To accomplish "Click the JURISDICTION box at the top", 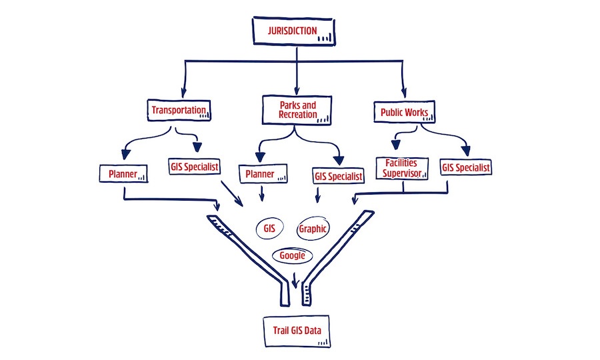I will coord(293,31).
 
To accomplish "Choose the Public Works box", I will coord(404,111).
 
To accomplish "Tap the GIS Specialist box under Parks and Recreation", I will coord(339,177).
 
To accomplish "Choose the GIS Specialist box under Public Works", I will coord(465,167).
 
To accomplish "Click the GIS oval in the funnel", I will coord(269,228).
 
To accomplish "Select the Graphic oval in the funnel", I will coord(312,229).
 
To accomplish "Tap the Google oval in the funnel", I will coord(292,255).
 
